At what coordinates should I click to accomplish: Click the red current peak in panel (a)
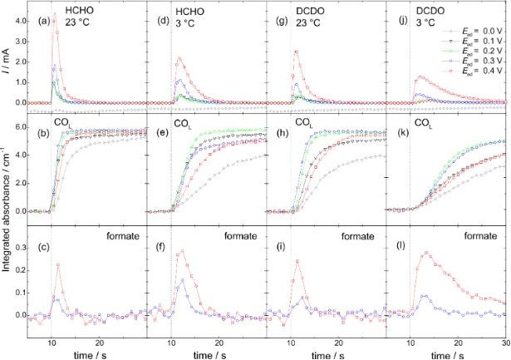point(55,14)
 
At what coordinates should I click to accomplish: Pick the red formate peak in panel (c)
point(58,264)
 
